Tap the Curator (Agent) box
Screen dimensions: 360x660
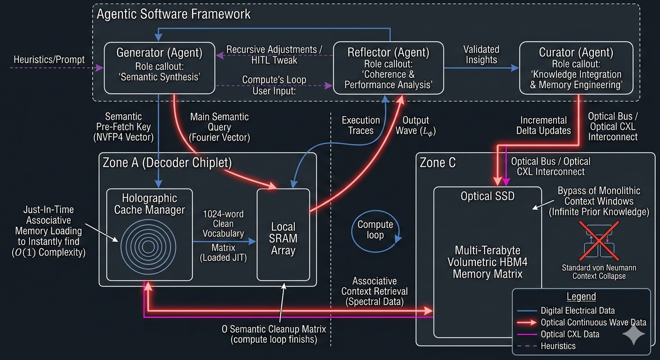[x=576, y=67]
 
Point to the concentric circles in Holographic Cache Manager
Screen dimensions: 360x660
[x=149, y=244]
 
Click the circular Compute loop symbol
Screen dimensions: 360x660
[x=375, y=230]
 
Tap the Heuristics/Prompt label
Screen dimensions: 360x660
[x=49, y=60]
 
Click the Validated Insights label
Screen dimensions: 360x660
[x=481, y=54]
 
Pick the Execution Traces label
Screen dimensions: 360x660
[x=360, y=125]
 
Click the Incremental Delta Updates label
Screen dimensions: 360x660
[x=544, y=125]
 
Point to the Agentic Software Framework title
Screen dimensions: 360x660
[x=173, y=14]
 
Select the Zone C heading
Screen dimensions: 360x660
[x=437, y=163]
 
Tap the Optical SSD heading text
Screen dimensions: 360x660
[x=487, y=195]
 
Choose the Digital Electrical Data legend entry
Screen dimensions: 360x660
[x=577, y=310]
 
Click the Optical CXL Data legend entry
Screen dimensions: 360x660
[x=570, y=334]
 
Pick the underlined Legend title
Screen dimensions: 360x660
[x=581, y=297]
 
